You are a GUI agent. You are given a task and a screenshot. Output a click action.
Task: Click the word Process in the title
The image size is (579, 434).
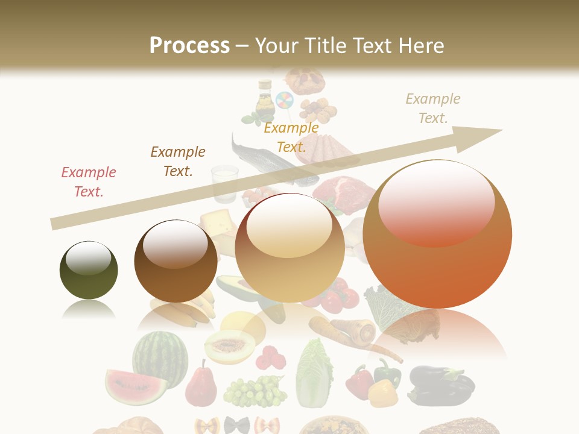[x=189, y=45]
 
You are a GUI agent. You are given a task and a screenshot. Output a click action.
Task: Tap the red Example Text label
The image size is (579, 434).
[x=89, y=181]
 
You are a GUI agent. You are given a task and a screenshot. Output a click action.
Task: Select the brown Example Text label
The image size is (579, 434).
[x=178, y=161]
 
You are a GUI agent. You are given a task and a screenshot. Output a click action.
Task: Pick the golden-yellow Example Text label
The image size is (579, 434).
[x=291, y=137]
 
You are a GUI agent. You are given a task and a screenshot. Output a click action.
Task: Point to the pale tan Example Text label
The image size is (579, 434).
[x=433, y=108]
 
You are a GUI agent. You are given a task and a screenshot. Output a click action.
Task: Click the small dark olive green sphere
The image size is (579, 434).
[x=89, y=269]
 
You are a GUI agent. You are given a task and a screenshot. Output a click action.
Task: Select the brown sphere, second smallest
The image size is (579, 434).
[x=176, y=261]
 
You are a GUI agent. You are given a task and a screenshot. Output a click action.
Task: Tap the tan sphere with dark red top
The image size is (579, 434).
[x=289, y=247]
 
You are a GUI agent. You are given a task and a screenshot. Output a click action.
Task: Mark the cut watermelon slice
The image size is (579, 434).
[x=136, y=386]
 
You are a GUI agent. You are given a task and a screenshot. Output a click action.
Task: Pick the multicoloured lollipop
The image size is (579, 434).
[x=284, y=101]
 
